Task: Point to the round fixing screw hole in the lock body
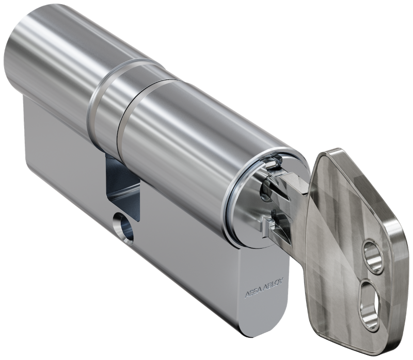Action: [x=123, y=227]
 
